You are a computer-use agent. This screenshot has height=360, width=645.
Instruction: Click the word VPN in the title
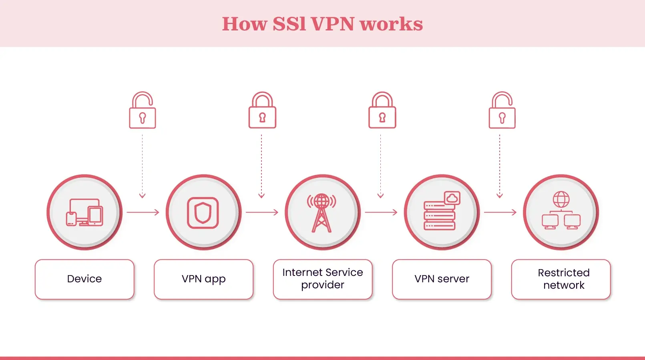pyautogui.click(x=333, y=24)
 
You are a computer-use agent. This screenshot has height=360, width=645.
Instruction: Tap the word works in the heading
pyautogui.click(x=391, y=24)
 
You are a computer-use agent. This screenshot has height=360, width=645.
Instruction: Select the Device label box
pyautogui.click(x=84, y=279)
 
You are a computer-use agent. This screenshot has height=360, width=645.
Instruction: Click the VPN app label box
pyautogui.click(x=203, y=279)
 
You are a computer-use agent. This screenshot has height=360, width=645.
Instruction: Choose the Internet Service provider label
pyautogui.click(x=323, y=279)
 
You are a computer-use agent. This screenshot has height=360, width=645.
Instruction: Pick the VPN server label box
pyautogui.click(x=442, y=279)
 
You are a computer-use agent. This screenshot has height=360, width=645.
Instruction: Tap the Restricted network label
pyautogui.click(x=561, y=279)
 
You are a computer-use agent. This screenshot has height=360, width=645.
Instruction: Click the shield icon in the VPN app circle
pyautogui.click(x=203, y=213)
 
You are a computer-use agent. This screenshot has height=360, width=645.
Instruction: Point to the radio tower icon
pyautogui.click(x=321, y=213)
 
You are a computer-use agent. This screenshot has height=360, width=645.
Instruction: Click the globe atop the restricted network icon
pyautogui.click(x=561, y=199)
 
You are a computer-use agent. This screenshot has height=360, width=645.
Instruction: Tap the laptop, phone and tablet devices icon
pyautogui.click(x=84, y=213)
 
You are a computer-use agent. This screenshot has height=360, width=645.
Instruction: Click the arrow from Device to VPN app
pyautogui.click(x=143, y=212)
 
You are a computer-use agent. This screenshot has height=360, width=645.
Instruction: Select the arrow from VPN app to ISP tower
pyautogui.click(x=262, y=212)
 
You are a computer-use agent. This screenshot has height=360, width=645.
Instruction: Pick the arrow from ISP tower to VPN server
pyautogui.click(x=381, y=212)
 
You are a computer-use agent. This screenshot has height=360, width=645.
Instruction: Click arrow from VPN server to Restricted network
pyautogui.click(x=500, y=212)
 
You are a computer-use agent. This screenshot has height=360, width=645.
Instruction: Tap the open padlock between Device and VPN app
pyautogui.click(x=143, y=111)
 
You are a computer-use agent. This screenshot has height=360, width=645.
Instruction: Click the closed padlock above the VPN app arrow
pyautogui.click(x=262, y=111)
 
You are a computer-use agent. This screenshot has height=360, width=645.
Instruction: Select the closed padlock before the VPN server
pyautogui.click(x=382, y=111)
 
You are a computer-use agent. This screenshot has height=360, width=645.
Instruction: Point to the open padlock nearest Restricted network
pyautogui.click(x=502, y=111)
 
